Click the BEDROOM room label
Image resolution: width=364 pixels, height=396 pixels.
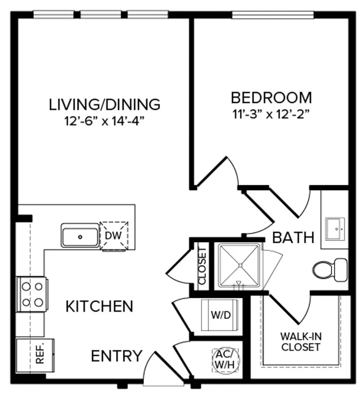[271, 98]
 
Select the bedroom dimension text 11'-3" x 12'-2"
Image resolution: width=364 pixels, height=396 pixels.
[271, 114]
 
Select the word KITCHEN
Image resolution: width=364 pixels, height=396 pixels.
[99, 306]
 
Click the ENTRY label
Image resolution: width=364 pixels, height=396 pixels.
[117, 356]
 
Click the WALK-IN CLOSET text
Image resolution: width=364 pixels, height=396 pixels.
[301, 342]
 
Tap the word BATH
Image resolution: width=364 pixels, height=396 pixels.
[293, 237]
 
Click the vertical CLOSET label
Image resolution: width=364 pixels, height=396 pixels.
[202, 265]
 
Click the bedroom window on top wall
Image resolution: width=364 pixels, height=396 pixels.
[273, 15]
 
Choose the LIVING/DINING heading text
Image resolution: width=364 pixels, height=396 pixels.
[105, 104]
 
